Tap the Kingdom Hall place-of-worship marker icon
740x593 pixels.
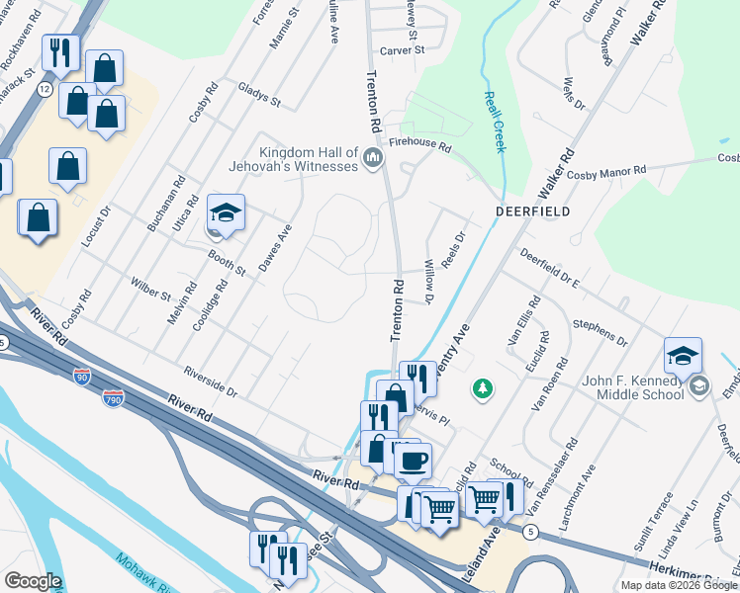[x=373, y=158]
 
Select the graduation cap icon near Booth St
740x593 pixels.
[x=226, y=213]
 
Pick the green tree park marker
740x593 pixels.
[x=483, y=388]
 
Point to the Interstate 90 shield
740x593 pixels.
[x=82, y=376]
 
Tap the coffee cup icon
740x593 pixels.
[x=413, y=459]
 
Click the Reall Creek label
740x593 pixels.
[x=494, y=121]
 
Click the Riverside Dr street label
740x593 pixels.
[x=210, y=382]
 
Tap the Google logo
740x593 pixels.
[x=33, y=581]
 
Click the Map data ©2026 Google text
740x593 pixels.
[x=678, y=585]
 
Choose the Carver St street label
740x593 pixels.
[x=403, y=49]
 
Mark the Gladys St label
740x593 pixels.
[x=259, y=95]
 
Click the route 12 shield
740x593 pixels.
[x=45, y=89]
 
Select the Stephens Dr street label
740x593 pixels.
[x=600, y=330]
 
